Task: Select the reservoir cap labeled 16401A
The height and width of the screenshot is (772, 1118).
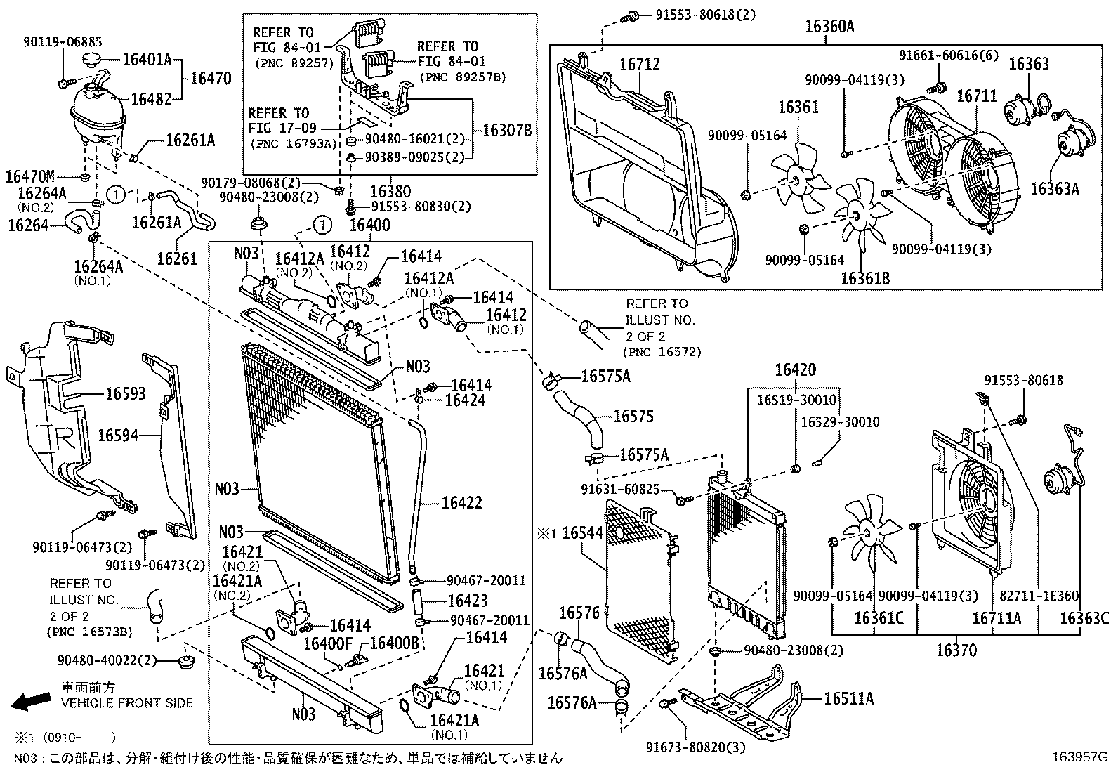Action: [93, 58]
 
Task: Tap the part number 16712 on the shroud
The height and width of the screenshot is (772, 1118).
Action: [639, 65]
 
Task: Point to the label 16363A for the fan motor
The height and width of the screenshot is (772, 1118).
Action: [1054, 188]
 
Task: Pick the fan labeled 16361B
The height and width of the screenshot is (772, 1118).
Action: [857, 212]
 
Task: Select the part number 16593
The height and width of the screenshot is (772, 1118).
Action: [126, 393]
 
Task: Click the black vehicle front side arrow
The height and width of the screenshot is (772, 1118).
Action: [30, 700]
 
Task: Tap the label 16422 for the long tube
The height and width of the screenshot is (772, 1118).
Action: [462, 503]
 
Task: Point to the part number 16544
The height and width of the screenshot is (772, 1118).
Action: [582, 534]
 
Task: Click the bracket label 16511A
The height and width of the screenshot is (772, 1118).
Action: [848, 698]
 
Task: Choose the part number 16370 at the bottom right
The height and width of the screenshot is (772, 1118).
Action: [956, 651]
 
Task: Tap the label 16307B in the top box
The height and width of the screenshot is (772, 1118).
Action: [507, 130]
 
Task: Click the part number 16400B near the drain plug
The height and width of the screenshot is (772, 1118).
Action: [394, 642]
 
